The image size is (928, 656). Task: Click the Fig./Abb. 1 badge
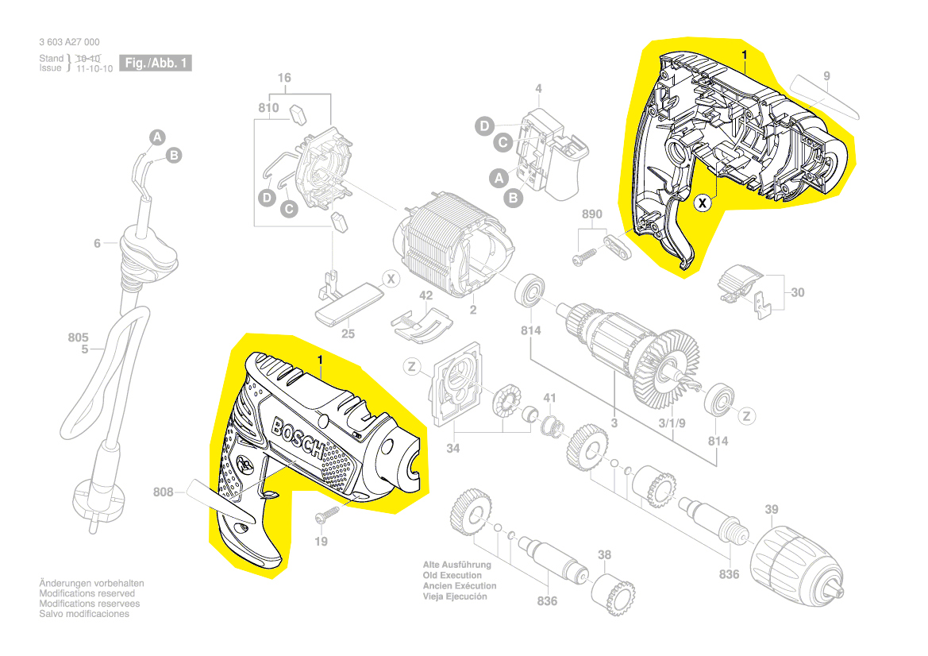tap(156, 63)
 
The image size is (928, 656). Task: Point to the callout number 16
tap(284, 78)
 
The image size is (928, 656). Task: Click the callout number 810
tap(268, 107)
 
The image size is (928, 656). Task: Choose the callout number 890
tap(592, 215)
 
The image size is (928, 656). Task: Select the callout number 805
tap(79, 336)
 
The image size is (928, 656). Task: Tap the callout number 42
tap(426, 295)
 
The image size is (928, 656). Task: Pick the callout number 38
tap(605, 556)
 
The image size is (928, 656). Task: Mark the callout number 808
tap(164, 492)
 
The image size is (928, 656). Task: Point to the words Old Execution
tap(452, 575)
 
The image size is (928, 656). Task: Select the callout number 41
tap(549, 398)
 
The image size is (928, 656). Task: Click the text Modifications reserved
tap(87, 593)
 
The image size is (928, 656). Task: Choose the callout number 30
tap(797, 292)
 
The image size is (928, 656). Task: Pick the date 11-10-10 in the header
tap(94, 68)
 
